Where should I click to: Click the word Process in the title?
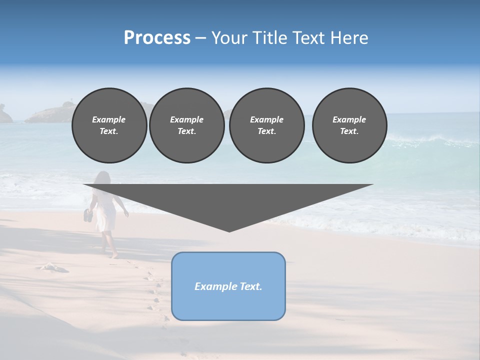pyautogui.click(x=157, y=38)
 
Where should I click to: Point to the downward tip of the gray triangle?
pyautogui.click(x=229, y=230)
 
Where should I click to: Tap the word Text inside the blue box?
pyautogui.click(x=250, y=286)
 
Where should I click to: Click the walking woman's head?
pyautogui.click(x=102, y=178)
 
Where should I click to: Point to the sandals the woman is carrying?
pyautogui.click(x=88, y=215)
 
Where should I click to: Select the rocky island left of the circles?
pyautogui.click(x=47, y=114)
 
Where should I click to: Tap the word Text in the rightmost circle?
pyautogui.click(x=349, y=131)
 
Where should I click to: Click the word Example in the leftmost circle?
pyautogui.click(x=109, y=119)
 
